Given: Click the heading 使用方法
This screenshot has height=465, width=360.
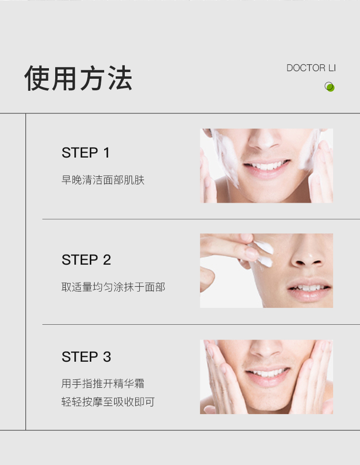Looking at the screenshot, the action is coord(78,78).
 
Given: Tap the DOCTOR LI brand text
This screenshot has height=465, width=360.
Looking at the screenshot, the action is coord(311,68).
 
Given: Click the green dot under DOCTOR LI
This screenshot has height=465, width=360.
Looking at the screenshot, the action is coord(330,87).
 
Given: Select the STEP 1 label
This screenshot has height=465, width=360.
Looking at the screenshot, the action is coord(85,153).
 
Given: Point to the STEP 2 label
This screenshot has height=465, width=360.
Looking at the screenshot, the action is coord(86,260).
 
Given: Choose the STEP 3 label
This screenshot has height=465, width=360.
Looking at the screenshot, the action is coord(86,357).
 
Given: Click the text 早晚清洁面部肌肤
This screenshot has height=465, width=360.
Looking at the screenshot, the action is coord(103,180).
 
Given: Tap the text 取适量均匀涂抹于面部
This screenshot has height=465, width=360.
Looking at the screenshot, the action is coord(113,287).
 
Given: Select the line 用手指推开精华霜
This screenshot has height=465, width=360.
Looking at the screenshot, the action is coord(103,383).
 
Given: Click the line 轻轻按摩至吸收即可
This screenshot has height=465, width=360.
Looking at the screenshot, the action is coord(108,402).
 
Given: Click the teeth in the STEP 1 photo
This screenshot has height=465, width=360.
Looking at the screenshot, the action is coord(267,165).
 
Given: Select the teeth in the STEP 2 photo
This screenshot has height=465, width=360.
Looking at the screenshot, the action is coord(308,288).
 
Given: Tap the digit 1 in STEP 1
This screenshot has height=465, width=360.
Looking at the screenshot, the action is coord(107,153).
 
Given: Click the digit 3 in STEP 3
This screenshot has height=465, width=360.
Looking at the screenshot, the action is coord(107,357).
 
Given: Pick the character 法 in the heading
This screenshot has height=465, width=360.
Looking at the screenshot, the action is coord(120,78).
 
